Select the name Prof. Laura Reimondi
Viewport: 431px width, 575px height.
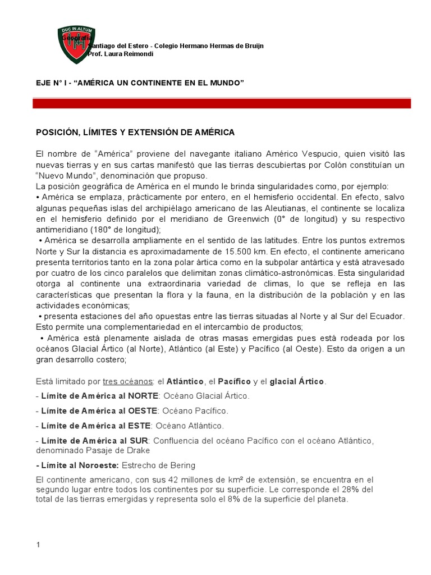click(x=121, y=53)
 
